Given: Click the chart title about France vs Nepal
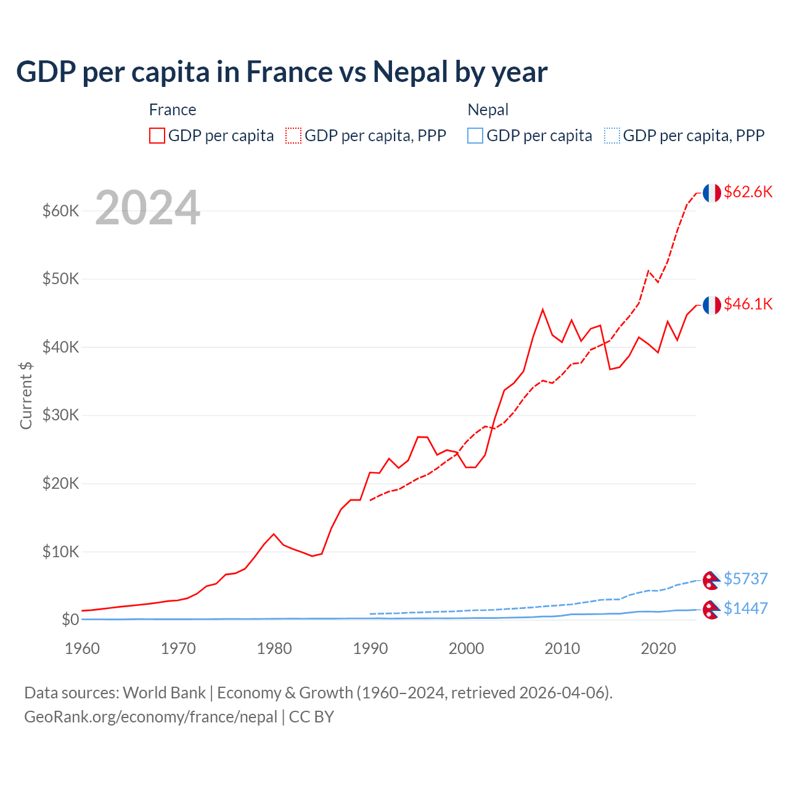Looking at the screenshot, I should [282, 72].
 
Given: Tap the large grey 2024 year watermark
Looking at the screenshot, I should [147, 208].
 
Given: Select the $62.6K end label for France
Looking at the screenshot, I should [748, 192].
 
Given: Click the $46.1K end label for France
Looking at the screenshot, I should [748, 304].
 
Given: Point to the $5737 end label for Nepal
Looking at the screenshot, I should [745, 579].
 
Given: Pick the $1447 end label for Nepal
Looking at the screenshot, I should [745, 608].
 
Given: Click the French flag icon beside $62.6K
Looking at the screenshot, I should [711, 193].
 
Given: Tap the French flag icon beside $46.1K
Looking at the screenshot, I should [711, 305].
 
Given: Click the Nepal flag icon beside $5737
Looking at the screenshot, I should [711, 580].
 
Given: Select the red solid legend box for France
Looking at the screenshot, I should [157, 136].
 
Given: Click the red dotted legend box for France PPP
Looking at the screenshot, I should [293, 136].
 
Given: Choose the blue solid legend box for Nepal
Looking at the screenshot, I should [475, 136].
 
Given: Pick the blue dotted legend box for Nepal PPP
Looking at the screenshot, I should [612, 136].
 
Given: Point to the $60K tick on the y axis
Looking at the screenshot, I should [60, 211].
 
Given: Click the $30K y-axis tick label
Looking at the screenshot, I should [60, 415].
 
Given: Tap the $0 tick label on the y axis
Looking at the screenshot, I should [70, 619].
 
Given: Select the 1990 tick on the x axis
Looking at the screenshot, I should [370, 648].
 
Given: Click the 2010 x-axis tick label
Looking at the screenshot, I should [562, 648].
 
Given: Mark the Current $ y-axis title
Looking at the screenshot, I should [26, 396].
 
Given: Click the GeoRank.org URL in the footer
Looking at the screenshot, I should [150, 717].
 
